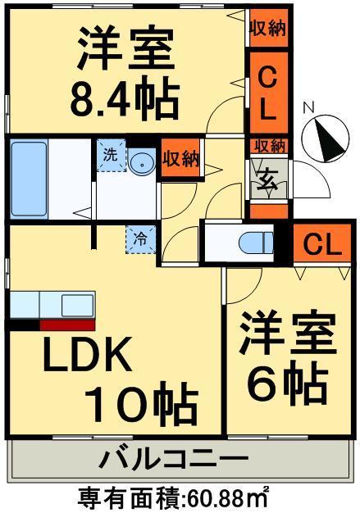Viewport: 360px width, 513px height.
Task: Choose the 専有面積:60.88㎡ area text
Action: tap(174, 497)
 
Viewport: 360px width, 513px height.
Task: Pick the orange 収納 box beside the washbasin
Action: tap(180, 158)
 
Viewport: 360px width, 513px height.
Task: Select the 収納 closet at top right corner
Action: tap(268, 29)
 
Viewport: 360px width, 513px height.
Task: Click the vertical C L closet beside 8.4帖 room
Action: tap(267, 91)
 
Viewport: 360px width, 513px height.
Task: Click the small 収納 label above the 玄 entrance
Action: tap(268, 146)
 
